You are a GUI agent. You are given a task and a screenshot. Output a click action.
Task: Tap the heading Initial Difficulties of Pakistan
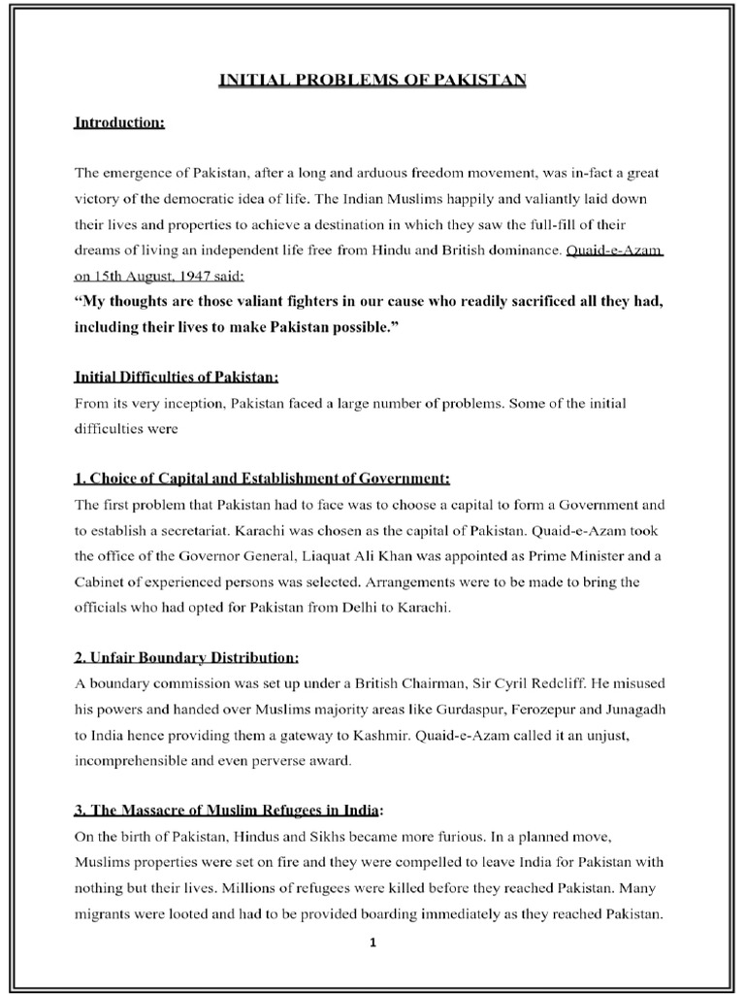[177, 376]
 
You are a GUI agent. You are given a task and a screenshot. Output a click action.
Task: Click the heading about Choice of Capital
[262, 479]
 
